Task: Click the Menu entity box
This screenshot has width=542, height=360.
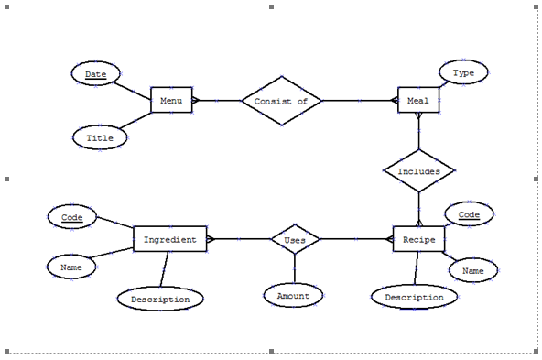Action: [171, 100]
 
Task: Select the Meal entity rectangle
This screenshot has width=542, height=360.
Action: [419, 100]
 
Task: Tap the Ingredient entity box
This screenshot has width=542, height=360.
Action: [169, 240]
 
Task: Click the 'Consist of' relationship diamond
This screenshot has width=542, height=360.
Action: [281, 100]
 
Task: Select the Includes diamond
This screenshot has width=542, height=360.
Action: [418, 171]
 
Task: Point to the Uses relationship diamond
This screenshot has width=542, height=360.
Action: [295, 240]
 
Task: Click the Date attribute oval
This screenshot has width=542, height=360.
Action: [96, 74]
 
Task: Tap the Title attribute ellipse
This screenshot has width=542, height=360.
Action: [100, 137]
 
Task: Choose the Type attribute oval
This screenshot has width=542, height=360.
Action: [463, 72]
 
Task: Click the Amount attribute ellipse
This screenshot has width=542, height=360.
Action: [294, 295]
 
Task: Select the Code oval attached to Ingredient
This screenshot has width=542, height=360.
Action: [71, 218]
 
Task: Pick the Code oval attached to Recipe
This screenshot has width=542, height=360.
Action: [469, 215]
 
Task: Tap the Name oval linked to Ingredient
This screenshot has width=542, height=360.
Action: [71, 267]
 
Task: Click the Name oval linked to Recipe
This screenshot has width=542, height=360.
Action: [473, 271]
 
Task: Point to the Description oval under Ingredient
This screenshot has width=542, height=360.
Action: [160, 299]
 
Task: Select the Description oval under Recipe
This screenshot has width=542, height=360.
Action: [414, 297]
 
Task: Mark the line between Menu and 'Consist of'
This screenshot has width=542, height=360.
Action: [217, 100]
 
